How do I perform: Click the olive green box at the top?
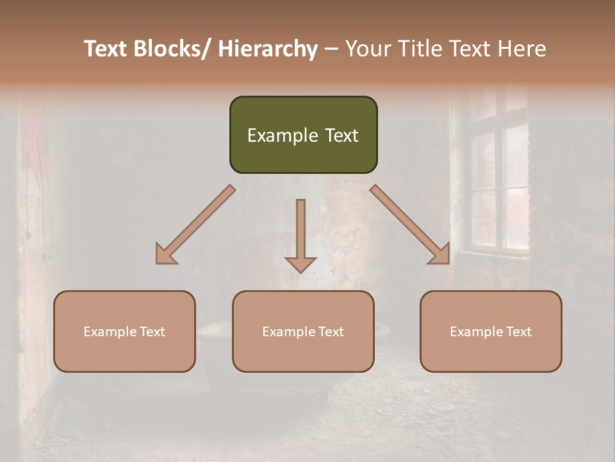[303, 135]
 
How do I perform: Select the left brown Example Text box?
[124, 331]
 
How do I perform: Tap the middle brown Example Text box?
[303, 331]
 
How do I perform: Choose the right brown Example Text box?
[491, 331]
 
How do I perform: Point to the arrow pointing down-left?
[195, 225]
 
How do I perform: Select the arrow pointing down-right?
[410, 225]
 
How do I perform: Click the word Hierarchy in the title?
[268, 49]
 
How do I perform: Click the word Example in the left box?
[110, 332]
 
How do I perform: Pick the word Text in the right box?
[518, 332]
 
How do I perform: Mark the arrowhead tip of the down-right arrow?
[450, 263]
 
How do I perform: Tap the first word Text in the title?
[106, 49]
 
